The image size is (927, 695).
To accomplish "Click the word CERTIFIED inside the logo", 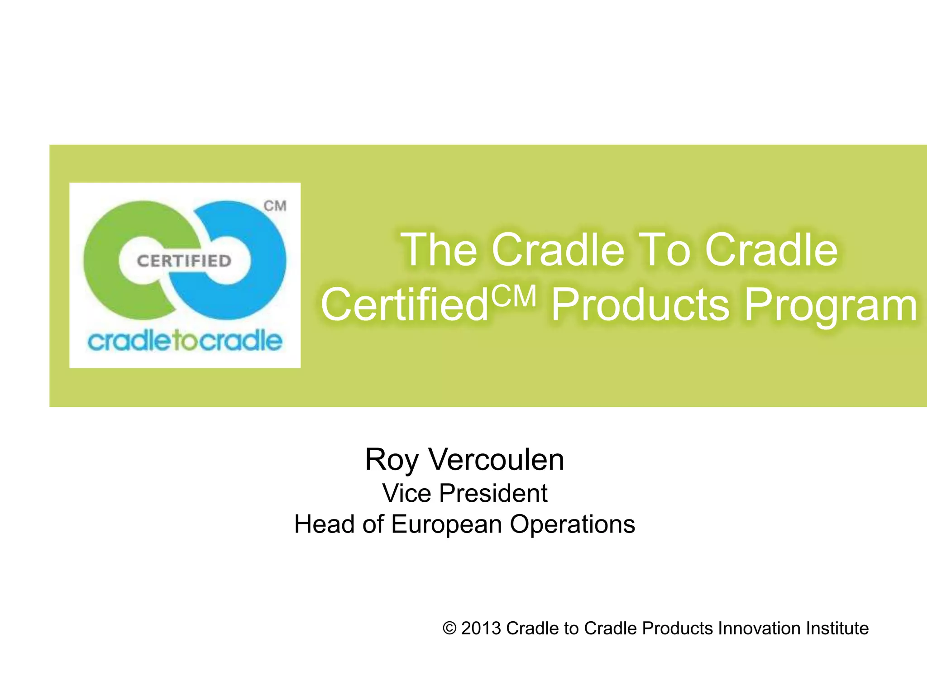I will click(x=184, y=261).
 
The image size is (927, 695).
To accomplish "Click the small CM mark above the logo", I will click(x=275, y=206).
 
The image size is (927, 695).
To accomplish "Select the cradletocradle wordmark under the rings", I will click(x=185, y=341).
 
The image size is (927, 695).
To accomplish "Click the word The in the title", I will click(x=439, y=250).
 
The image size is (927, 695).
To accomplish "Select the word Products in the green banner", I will click(x=640, y=305).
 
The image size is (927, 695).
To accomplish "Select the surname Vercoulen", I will click(x=497, y=460).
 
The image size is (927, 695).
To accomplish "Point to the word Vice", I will click(x=406, y=493).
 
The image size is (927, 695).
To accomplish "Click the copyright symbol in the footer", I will click(x=449, y=628).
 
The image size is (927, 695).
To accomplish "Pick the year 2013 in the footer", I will click(x=481, y=628).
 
